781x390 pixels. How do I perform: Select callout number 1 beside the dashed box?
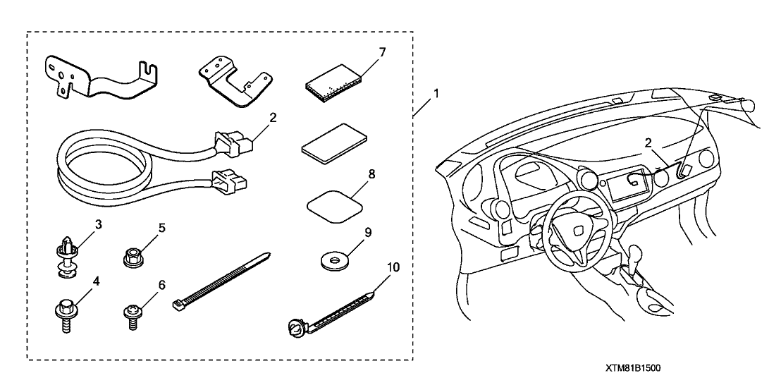click(436, 93)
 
